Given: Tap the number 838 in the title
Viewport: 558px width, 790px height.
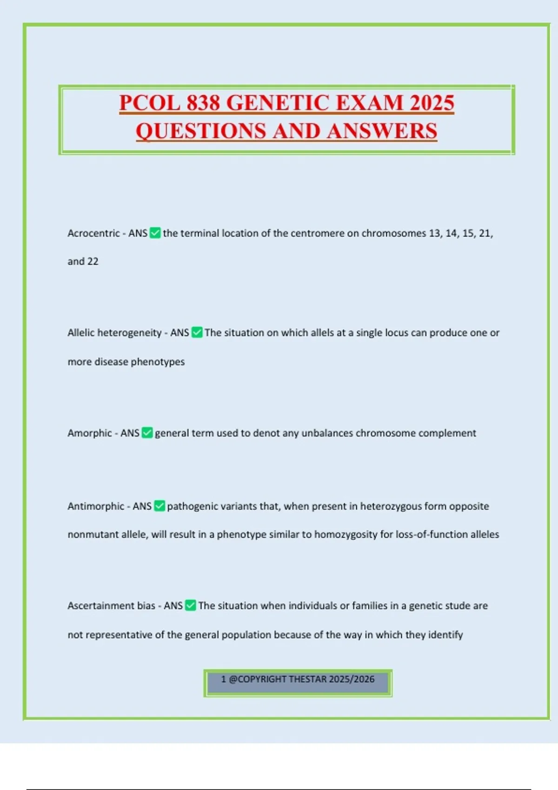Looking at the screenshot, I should [x=203, y=103].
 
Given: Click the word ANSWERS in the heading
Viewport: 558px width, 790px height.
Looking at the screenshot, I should [x=382, y=131].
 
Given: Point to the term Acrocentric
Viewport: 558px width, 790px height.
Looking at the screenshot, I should [x=93, y=233].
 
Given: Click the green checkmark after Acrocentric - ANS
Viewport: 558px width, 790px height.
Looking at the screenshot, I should [x=155, y=233].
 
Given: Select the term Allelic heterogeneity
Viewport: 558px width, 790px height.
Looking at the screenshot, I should [x=114, y=333].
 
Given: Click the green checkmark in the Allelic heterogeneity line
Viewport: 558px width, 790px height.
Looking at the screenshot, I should [x=197, y=333].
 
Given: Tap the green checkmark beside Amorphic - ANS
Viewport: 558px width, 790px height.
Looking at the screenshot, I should [x=147, y=433].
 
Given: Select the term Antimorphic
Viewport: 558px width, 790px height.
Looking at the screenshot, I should [x=96, y=506].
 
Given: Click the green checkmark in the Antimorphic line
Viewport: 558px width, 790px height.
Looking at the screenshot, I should [x=159, y=506].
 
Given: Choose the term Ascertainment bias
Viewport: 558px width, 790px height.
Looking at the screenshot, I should [x=111, y=606].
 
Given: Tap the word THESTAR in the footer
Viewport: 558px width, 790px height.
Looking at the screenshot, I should [x=307, y=679].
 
